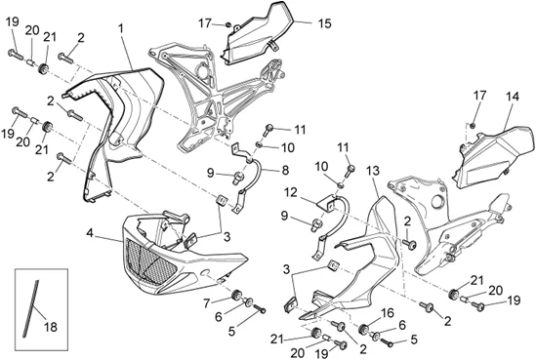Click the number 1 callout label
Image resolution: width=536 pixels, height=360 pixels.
point(120,28)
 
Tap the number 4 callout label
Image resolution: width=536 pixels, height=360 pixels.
point(90,233)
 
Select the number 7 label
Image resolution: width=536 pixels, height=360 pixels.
point(206,303)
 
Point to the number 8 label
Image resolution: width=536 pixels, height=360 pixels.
point(285,170)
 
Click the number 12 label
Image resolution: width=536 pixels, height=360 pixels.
point(291,193)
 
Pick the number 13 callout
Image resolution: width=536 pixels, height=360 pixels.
point(373,171)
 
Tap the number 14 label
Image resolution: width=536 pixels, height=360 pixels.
point(512,97)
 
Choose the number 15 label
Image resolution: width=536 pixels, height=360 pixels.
point(324,23)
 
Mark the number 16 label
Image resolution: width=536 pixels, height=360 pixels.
point(387,313)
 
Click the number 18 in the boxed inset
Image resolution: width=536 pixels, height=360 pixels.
point(51,327)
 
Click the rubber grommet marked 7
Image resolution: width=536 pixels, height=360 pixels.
point(235,295)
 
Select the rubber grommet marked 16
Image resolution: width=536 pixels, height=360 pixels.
point(363,330)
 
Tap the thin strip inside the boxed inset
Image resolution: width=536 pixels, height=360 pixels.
point(30,308)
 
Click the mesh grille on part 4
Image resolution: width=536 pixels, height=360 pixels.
point(151,261)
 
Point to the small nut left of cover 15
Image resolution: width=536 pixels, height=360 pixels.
point(227,24)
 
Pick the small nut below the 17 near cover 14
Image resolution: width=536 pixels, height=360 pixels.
point(473,126)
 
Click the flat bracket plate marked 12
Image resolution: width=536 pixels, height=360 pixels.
point(329,204)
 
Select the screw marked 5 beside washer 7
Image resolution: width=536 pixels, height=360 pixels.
point(260,309)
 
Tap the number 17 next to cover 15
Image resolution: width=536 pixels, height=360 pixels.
point(205,23)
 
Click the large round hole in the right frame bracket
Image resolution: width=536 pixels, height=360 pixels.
point(438,202)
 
